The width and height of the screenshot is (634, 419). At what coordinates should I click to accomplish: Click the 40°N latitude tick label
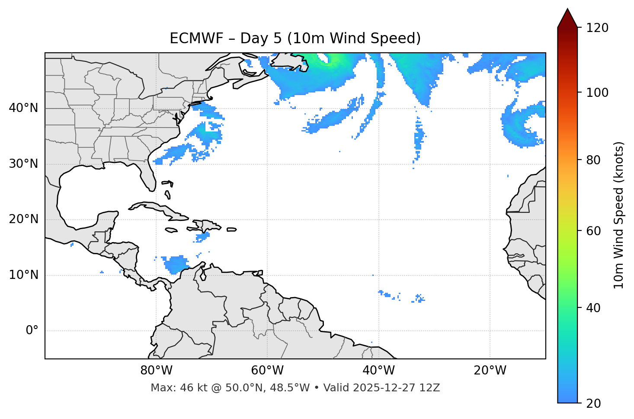(x=23, y=108)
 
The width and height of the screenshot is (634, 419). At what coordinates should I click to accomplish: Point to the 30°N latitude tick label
(x=23, y=164)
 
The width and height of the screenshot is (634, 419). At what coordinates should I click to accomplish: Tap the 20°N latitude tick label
(x=23, y=219)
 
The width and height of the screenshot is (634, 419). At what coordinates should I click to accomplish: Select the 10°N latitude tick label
(x=23, y=275)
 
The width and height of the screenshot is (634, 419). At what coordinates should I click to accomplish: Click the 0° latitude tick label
(x=32, y=331)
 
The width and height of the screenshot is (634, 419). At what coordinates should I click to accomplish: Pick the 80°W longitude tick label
(x=156, y=371)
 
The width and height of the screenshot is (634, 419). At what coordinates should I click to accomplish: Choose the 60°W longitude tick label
(x=267, y=371)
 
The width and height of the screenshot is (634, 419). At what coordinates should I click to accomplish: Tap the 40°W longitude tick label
(x=378, y=371)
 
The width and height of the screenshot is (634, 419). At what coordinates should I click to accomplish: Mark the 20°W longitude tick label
(x=490, y=371)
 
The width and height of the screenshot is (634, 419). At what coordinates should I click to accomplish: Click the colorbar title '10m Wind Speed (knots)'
(x=619, y=215)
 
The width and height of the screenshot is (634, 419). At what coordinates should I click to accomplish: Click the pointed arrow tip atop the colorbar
(x=567, y=10)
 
